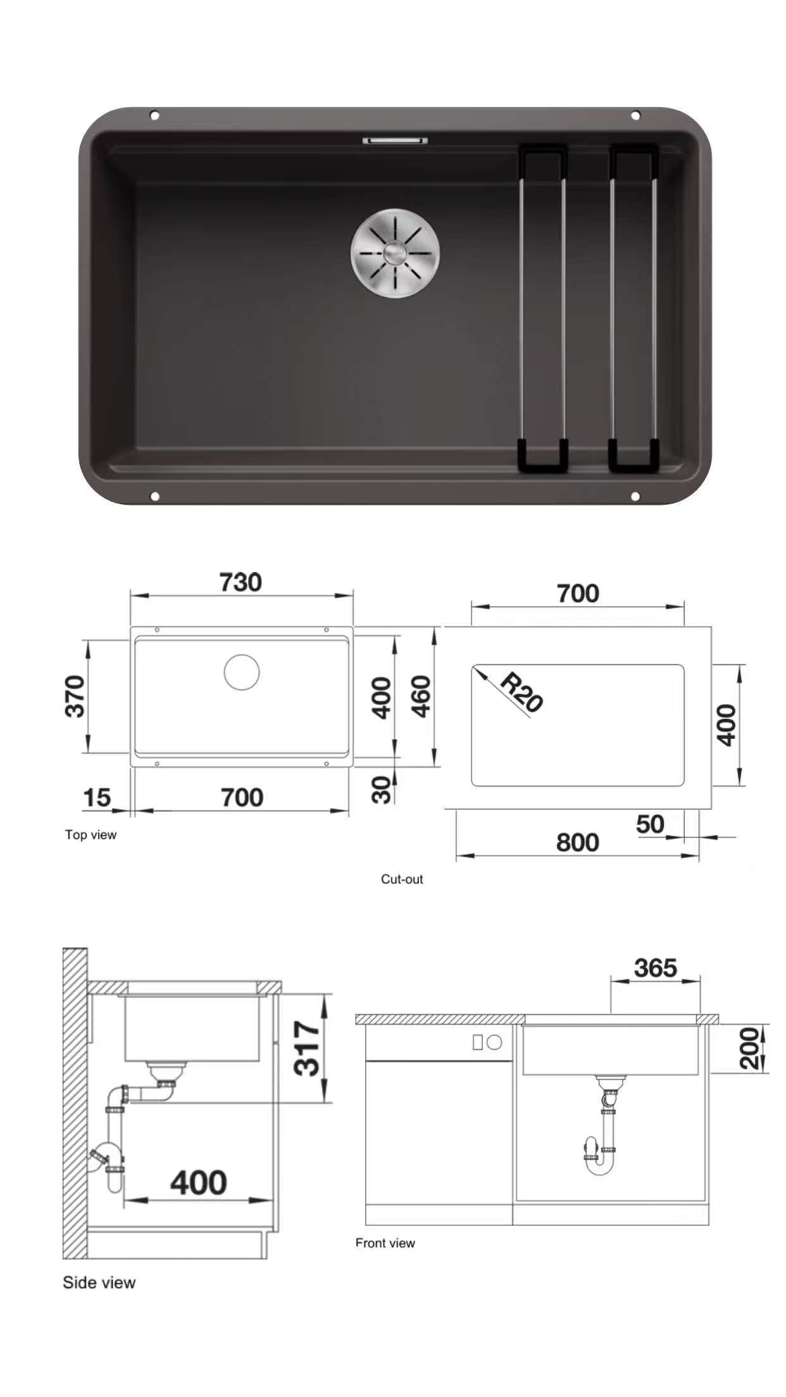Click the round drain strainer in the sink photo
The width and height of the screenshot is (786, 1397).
(x=396, y=253)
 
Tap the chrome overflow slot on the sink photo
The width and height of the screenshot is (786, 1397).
(x=395, y=140)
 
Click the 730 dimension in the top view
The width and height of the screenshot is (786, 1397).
(x=240, y=582)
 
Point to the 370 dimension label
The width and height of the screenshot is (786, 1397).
(x=75, y=697)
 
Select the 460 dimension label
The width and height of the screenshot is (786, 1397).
(x=421, y=697)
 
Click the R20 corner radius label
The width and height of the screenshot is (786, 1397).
(x=521, y=693)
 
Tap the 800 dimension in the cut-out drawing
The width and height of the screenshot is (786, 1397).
(x=577, y=843)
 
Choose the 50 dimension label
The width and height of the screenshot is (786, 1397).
(x=650, y=824)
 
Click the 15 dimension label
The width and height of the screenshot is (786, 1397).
(x=97, y=798)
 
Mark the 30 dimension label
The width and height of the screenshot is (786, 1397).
(x=382, y=790)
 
